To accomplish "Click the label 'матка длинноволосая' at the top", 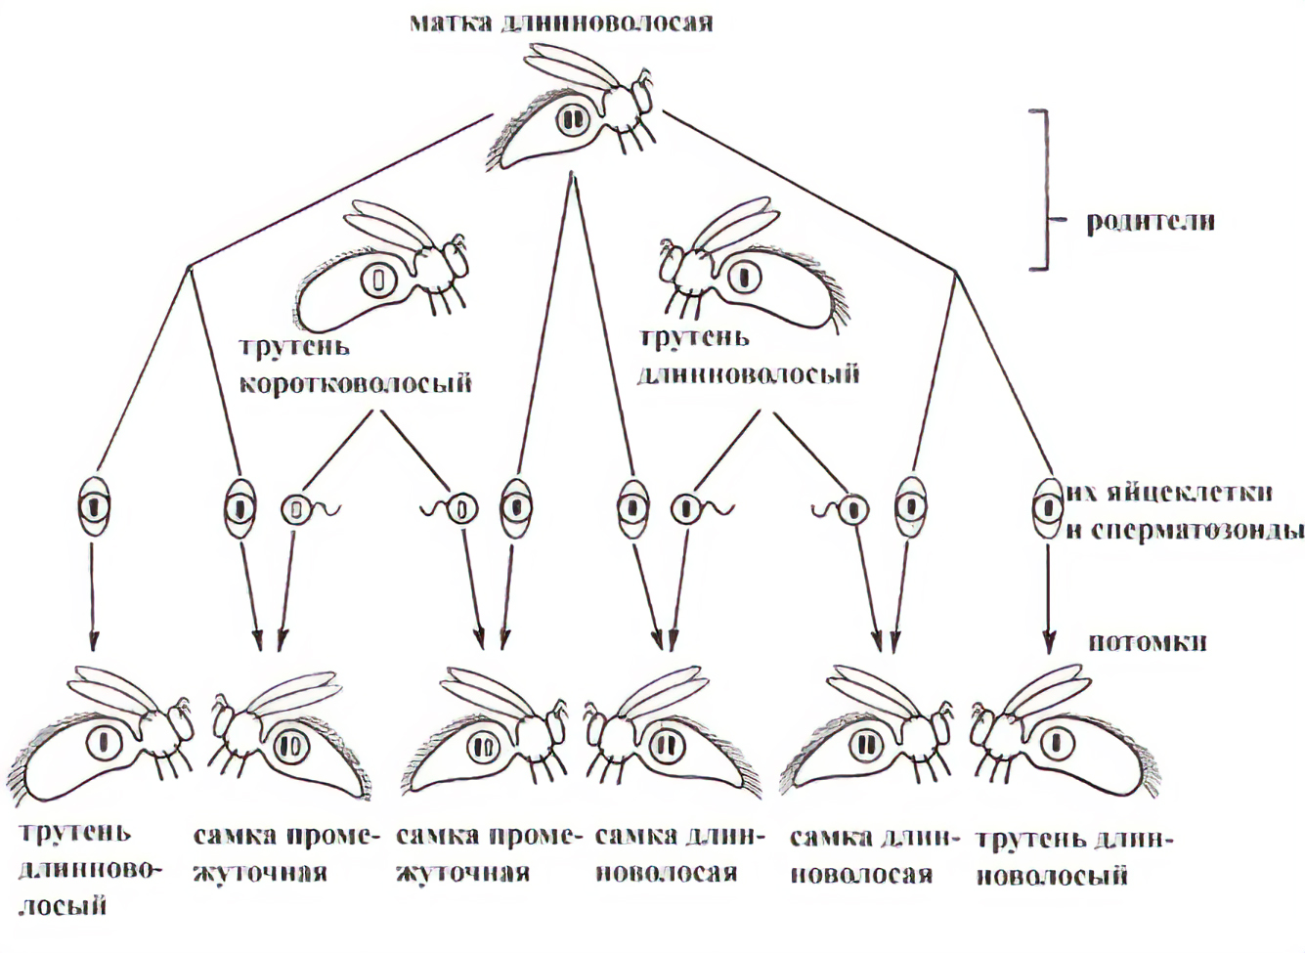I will (561, 22).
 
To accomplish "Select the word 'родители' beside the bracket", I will (1151, 221).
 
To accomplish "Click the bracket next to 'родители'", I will (1044, 189).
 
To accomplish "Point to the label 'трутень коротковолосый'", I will (356, 366).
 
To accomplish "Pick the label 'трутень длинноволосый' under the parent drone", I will (749, 356).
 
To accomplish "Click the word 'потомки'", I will (1147, 641).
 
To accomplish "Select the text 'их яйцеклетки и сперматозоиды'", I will (1183, 510).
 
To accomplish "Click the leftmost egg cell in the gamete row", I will (94, 506).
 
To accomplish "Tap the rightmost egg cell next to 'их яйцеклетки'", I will (1048, 506).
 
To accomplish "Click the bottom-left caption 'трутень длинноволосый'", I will (75, 869).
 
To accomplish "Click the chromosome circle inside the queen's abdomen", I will (572, 119).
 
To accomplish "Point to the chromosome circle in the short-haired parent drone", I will (375, 280).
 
